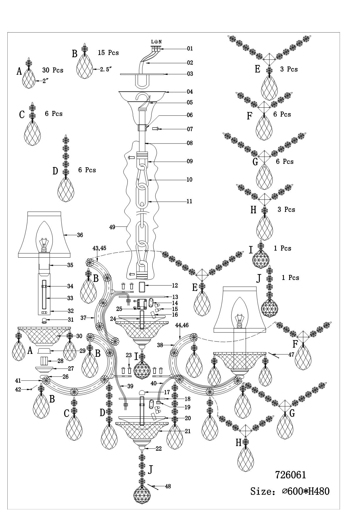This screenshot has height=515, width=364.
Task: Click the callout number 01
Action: point(190,48)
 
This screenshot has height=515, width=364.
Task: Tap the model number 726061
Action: point(290,475)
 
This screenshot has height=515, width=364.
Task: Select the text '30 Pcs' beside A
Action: point(53,70)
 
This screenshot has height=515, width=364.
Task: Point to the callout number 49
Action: point(112,227)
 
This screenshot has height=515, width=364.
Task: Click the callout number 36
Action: point(80,235)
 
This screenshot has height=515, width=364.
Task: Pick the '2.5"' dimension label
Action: point(106,70)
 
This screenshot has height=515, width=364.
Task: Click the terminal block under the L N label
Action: point(156,49)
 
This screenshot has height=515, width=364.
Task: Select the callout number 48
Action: point(168,486)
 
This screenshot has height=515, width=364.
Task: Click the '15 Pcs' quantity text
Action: point(108,53)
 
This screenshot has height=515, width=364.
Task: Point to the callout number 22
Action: point(159,449)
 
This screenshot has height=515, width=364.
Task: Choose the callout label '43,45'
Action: point(99,248)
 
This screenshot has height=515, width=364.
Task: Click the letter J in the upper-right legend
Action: point(259,278)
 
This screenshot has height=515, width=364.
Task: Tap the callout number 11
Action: point(189,201)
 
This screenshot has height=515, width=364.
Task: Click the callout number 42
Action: point(18,389)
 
